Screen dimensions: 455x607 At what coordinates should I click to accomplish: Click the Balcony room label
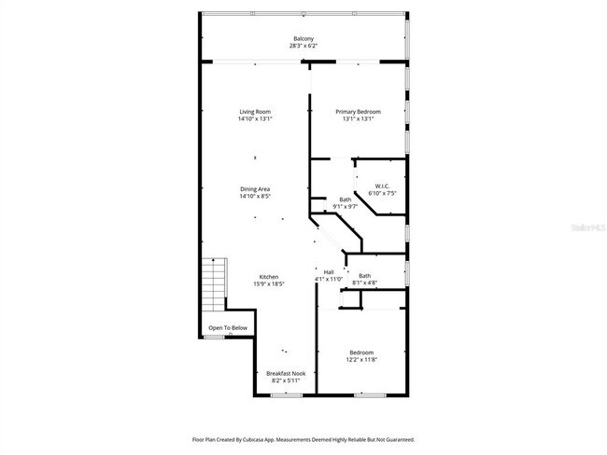tap(303, 38)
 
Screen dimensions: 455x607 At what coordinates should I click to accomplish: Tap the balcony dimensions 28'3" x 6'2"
tap(303, 46)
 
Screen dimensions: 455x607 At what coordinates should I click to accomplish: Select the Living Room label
tap(255, 112)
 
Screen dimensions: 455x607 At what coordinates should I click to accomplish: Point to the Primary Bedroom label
tap(359, 112)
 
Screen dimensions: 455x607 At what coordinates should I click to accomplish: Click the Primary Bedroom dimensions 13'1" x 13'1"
tap(359, 119)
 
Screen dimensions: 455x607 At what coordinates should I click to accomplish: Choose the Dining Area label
tap(255, 189)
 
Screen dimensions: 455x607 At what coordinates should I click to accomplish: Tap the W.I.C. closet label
tap(382, 186)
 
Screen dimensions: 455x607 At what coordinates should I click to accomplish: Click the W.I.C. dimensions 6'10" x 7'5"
tap(382, 193)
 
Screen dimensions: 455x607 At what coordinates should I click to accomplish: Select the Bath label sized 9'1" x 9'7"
tap(346, 199)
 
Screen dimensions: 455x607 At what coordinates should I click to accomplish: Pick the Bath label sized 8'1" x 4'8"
tap(364, 275)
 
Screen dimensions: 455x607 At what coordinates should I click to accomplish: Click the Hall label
tap(329, 271)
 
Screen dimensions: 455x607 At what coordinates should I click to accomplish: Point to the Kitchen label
tap(269, 276)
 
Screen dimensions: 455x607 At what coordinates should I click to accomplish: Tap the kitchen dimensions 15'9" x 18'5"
tap(269, 283)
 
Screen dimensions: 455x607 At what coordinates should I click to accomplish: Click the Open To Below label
tap(228, 328)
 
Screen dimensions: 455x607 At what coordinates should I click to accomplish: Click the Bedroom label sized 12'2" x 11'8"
tap(361, 352)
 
